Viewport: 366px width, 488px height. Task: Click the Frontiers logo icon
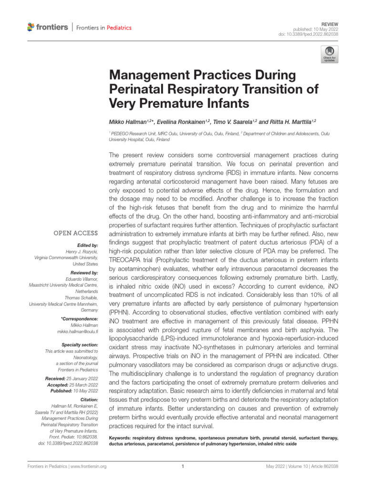coord(31,27)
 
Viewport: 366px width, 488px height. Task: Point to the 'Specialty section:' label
coord(80,344)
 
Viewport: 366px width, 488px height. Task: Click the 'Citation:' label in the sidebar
coord(89,399)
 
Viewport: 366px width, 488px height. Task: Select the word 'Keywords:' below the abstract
coord(120,437)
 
